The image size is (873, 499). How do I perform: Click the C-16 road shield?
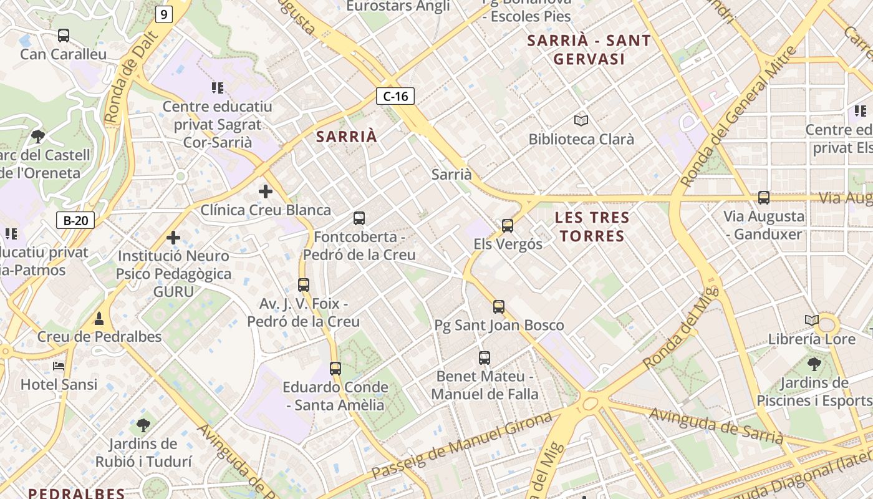pos(395,96)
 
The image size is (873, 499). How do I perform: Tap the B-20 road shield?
pos(75,220)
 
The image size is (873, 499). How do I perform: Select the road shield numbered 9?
pos(163,14)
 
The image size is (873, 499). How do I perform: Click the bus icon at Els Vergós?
pos(508,225)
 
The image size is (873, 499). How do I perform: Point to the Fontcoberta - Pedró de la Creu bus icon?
pos(359,218)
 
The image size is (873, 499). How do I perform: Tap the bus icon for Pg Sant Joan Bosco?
pos(499,306)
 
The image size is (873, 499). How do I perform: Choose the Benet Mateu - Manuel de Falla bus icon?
pos(485,357)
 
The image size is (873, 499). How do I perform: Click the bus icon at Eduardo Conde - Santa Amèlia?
pos(335,368)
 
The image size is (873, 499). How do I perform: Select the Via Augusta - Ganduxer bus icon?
pos(764,198)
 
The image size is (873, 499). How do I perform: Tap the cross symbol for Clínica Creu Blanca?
pos(266,191)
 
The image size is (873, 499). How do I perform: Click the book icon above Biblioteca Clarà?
pos(581,120)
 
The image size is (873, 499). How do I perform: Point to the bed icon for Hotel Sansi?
pos(59,366)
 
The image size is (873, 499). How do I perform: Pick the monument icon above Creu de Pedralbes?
pos(99,319)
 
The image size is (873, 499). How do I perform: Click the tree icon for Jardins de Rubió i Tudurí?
pos(143,425)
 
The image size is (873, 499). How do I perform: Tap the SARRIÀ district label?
pos(347,137)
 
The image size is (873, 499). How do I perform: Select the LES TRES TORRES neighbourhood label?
pos(592,227)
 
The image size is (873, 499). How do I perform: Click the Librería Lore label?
pos(812,339)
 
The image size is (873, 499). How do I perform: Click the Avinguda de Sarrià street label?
pos(716,426)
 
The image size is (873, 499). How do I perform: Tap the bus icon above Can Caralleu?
pos(64,36)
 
